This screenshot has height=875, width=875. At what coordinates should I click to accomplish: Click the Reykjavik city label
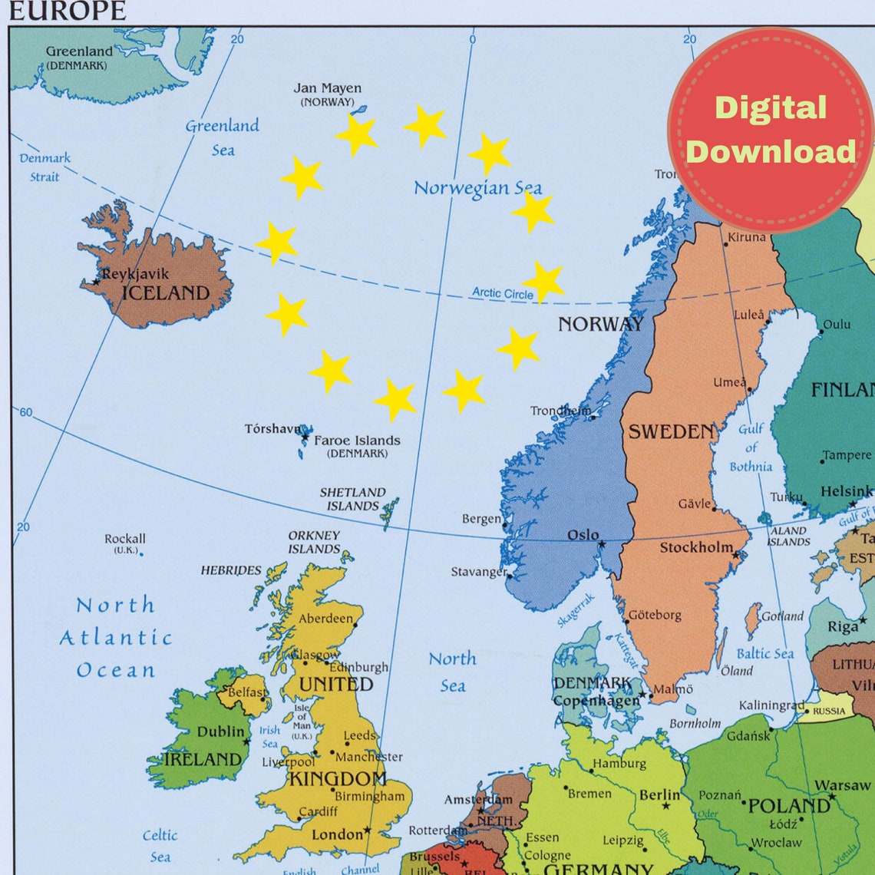click(135, 274)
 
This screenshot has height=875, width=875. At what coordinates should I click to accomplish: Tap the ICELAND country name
click(165, 293)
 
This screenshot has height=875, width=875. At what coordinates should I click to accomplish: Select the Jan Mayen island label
click(327, 88)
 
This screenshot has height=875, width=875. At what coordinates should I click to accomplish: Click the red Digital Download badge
click(770, 130)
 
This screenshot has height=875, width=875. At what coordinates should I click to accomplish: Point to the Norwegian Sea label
click(477, 188)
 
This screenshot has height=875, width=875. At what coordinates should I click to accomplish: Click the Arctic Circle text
click(502, 292)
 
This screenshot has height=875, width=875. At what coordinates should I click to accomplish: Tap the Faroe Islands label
click(357, 441)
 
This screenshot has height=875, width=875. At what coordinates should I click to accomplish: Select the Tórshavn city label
click(272, 428)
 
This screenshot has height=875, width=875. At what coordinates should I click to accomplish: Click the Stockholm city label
click(696, 547)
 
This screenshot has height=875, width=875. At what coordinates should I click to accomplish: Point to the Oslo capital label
click(583, 535)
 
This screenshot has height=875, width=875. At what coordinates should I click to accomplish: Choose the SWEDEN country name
click(672, 432)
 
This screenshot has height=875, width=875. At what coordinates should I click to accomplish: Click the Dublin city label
click(220, 731)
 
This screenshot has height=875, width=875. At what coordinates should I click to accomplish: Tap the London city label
click(337, 834)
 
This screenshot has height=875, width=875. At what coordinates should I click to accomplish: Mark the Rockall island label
click(125, 539)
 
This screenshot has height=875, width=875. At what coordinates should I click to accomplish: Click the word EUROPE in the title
click(67, 11)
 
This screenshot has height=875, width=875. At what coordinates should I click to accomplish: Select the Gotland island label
click(782, 616)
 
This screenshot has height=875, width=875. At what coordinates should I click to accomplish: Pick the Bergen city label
click(481, 519)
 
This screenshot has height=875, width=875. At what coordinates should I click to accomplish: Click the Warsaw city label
click(842, 785)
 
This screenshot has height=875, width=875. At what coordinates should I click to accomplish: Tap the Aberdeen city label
click(326, 619)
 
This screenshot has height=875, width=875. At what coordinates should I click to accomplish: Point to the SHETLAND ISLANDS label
click(352, 499)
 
